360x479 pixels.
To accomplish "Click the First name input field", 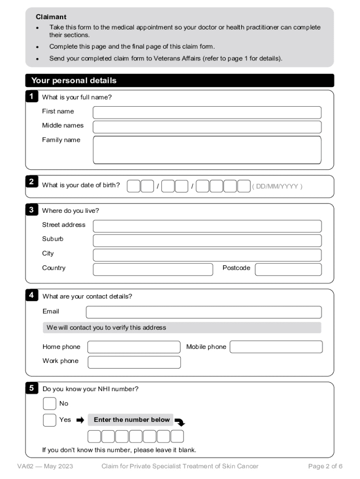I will pos(207,112).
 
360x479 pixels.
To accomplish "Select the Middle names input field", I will pos(207,127).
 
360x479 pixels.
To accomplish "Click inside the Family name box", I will pos(207,150).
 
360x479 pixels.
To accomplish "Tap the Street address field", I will pos(207,226).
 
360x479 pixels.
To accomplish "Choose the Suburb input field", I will pos(207,240).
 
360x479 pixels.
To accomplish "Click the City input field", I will pos(207,255).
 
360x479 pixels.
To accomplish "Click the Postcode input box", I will pos(288,269).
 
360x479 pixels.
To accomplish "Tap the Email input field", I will pos(203,312).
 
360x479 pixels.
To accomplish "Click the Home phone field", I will pos(134,347).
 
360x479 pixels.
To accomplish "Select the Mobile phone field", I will pos(276,347).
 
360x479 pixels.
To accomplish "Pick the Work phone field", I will pos(134,362).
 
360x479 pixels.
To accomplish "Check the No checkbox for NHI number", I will pos(50,404).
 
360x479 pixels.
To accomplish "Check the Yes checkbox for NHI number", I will pos(50,420).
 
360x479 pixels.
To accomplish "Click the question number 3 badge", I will pos(31,210).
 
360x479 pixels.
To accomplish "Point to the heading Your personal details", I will pos(74,80).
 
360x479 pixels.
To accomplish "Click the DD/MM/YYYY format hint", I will pos(277,186).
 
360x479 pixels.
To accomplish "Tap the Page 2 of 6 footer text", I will pos(325,466).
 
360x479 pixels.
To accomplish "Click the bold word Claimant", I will pos(51,17).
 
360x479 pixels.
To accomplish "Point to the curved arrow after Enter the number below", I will pos(180,422).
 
